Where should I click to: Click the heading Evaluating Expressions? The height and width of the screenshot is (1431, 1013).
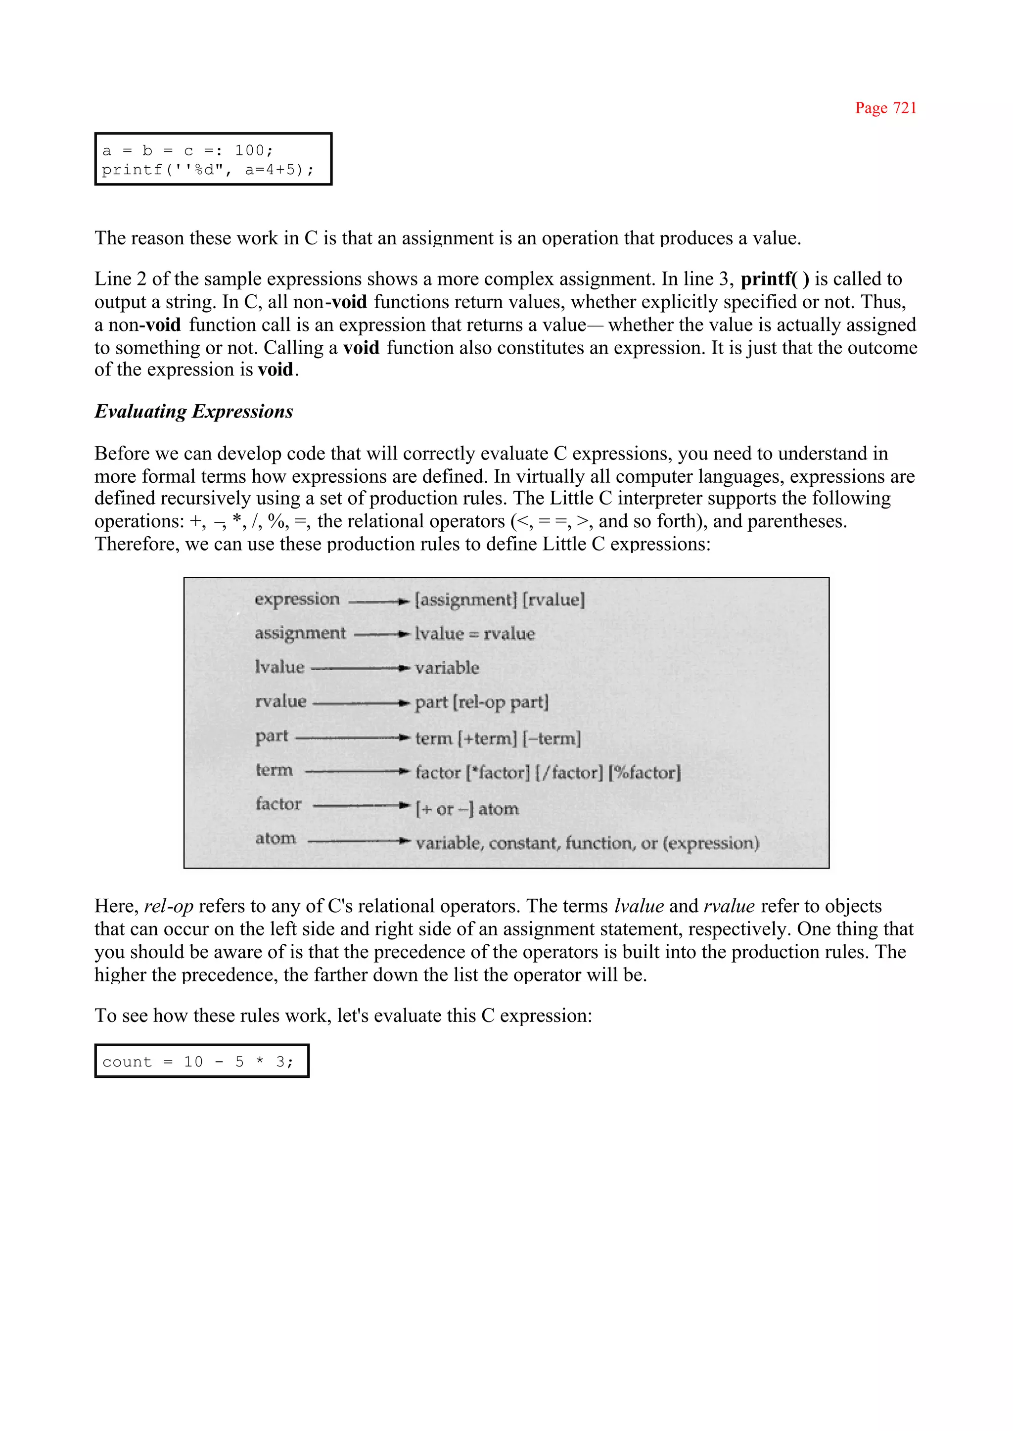point(193,412)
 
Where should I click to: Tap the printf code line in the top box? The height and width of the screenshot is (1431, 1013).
point(208,170)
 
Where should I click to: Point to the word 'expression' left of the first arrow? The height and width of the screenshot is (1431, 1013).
point(297,599)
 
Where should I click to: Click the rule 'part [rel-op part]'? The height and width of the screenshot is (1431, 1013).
point(482,702)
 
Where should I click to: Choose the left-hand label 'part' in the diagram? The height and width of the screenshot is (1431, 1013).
point(272,736)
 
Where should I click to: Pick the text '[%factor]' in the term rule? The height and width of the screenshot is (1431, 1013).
point(645,773)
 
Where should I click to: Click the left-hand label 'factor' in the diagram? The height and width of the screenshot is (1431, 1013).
point(278,804)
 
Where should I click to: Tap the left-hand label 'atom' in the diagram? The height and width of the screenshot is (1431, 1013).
point(275,838)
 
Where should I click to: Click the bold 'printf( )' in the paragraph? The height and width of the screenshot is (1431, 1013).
point(774,279)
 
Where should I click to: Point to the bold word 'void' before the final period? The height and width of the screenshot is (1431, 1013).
point(275,369)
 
